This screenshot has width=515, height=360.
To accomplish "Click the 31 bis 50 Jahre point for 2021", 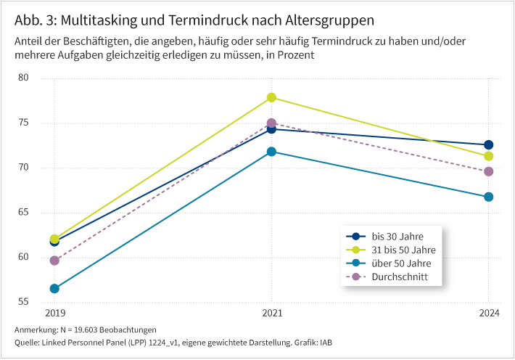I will [x=271, y=97].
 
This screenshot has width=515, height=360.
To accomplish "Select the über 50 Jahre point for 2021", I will [x=271, y=152].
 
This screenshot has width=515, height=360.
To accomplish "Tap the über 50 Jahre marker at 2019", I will [x=54, y=288].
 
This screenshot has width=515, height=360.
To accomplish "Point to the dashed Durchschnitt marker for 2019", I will [x=54, y=261].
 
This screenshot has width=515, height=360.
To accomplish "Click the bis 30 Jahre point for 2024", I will [x=488, y=145].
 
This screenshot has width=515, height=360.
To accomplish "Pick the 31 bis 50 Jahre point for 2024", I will [x=488, y=156].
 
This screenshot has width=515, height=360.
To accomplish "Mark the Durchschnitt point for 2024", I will [x=488, y=171].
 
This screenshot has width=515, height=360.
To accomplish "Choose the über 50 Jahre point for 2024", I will [x=488, y=197].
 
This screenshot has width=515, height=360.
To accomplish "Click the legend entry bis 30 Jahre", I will [x=397, y=236].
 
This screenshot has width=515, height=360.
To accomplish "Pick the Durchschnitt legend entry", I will [x=397, y=277].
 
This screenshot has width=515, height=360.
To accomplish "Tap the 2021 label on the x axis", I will [x=271, y=314].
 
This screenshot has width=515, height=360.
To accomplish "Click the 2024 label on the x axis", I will [x=488, y=314].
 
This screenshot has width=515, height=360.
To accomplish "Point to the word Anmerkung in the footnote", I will [x=37, y=330].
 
